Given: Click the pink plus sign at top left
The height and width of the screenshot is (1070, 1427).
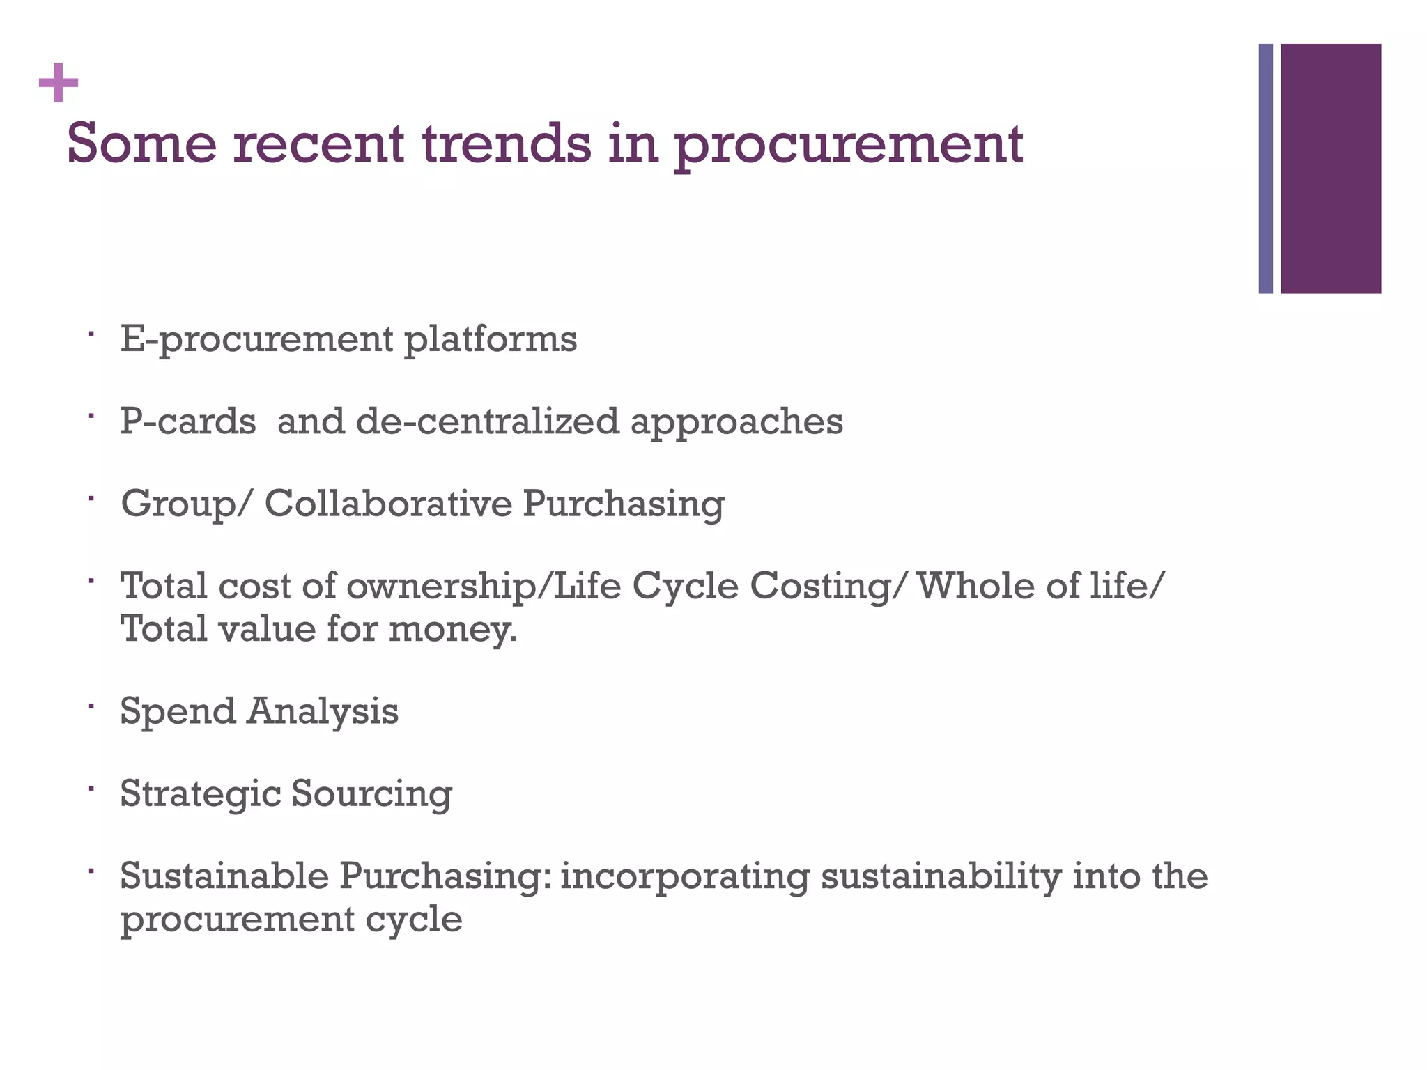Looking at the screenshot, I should click(59, 83).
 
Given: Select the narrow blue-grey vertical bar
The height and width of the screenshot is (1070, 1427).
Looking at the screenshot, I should click(1265, 169).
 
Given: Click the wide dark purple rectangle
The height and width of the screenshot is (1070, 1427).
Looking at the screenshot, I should click(1330, 169).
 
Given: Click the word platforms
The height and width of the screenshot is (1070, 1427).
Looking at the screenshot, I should click(491, 340).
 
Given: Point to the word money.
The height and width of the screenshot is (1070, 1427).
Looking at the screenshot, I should click(453, 630).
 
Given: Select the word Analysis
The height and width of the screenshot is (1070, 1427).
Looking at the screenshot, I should click(323, 712).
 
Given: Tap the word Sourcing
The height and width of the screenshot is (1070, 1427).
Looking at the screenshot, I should click(371, 794).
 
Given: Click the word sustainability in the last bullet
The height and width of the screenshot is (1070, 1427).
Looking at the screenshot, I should click(941, 876).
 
